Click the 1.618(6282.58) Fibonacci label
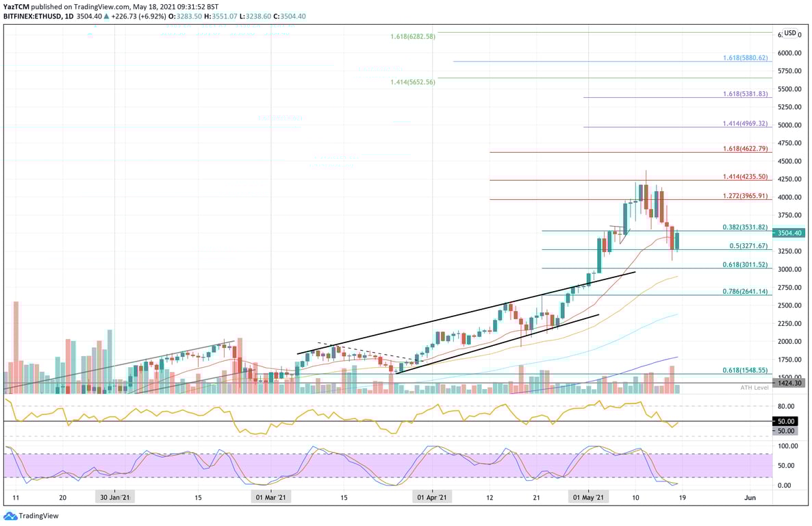(x=413, y=36)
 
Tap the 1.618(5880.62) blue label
(x=745, y=58)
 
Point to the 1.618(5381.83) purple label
(x=745, y=94)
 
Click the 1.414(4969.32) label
(x=745, y=124)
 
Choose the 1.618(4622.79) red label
(x=745, y=149)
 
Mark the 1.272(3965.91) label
(x=745, y=196)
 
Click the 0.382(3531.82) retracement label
(x=745, y=227)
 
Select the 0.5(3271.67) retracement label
(x=748, y=246)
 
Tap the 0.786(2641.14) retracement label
(x=745, y=292)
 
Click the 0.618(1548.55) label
(x=745, y=371)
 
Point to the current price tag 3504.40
(x=789, y=233)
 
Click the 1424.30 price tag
(x=789, y=383)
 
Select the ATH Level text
(x=754, y=388)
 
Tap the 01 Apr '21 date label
(x=432, y=498)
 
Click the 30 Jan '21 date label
(x=115, y=498)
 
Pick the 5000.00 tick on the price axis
(x=789, y=125)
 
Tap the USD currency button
(x=790, y=33)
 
